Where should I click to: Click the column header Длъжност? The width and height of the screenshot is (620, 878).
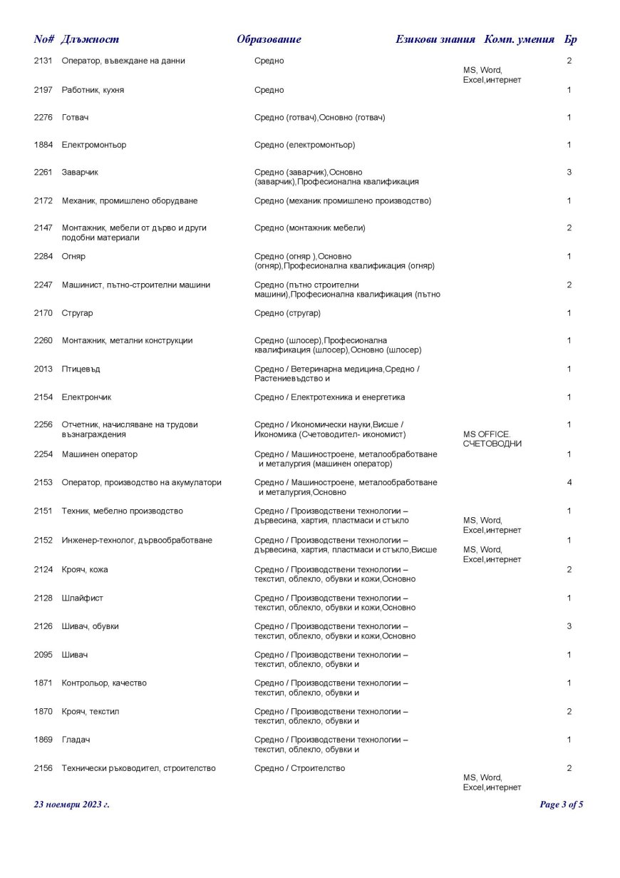click(90, 39)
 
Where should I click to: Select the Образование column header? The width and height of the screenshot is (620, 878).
click(269, 39)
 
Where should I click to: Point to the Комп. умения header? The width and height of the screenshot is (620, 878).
click(519, 39)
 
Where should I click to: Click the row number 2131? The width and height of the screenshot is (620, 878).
click(43, 61)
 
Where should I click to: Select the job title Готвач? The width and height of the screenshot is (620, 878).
click(75, 117)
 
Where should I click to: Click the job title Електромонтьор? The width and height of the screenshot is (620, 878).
click(94, 145)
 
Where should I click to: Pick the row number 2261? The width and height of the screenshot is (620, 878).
click(43, 173)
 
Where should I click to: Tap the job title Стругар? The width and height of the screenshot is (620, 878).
click(78, 313)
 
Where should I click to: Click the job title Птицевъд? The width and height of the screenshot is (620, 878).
click(81, 369)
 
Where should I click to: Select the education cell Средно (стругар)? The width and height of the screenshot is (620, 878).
click(287, 313)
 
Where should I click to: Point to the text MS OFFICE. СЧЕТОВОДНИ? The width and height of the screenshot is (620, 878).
click(492, 439)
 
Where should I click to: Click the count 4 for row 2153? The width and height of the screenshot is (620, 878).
click(569, 483)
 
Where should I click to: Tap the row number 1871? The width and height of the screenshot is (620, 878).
click(43, 683)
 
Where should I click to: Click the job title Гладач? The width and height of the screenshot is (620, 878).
click(76, 740)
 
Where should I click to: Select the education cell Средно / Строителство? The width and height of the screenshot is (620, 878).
click(299, 768)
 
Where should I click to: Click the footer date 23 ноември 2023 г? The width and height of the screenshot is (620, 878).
click(72, 805)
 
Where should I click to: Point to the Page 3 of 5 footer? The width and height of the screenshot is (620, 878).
click(562, 805)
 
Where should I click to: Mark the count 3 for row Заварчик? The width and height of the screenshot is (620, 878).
click(569, 173)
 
